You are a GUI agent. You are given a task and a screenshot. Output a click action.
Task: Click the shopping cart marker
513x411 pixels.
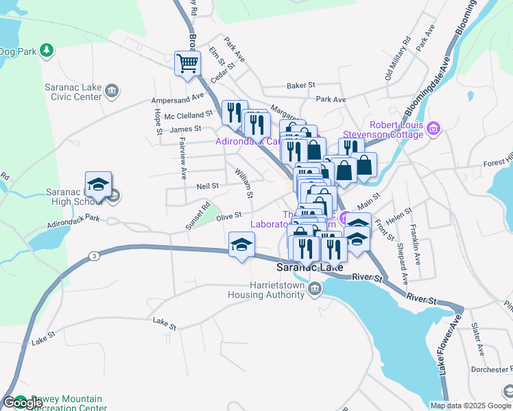[x=187, y=64]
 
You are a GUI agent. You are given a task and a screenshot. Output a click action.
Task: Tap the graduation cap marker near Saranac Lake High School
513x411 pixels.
[x=98, y=184]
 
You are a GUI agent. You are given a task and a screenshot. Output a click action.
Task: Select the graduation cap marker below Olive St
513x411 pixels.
[x=241, y=245]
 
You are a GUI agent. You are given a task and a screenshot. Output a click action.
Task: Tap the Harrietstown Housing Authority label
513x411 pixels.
[x=266, y=290]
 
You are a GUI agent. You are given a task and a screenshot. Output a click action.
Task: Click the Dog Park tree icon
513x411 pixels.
[x=47, y=50]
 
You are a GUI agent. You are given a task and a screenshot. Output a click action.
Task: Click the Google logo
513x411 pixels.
[x=22, y=403]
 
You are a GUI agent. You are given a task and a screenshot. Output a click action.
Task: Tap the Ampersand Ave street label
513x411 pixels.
[x=178, y=99]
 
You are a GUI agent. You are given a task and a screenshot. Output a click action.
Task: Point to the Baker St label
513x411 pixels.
[x=300, y=86]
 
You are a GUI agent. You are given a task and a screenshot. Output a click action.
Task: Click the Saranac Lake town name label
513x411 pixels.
[x=309, y=267]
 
